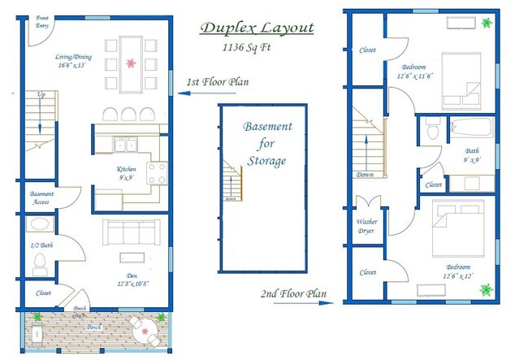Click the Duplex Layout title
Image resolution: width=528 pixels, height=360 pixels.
point(258,29)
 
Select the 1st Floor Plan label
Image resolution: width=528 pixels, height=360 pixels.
point(218,82)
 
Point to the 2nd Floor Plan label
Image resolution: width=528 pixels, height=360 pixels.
point(293,293)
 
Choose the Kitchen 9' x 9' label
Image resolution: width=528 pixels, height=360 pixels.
point(127,173)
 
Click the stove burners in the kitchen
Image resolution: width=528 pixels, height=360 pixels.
point(156,172)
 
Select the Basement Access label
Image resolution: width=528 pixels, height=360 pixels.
point(41,198)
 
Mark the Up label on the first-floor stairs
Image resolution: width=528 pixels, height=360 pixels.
point(41,96)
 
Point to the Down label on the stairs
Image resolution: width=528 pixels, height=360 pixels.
point(365,174)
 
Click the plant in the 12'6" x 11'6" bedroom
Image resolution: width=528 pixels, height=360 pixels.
point(487,24)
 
